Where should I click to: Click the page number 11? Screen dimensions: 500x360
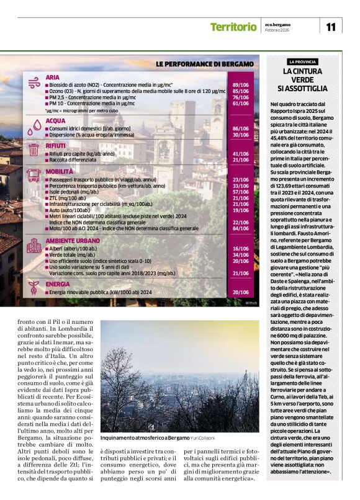[x=330, y=27]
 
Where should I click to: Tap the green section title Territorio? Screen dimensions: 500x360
[x=233, y=27]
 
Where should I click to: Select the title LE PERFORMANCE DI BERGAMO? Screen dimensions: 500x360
[x=204, y=64]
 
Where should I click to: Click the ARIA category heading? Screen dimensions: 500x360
[x=53, y=76]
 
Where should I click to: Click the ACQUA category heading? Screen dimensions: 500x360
[x=55, y=121]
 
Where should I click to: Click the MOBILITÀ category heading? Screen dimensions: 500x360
[x=59, y=171]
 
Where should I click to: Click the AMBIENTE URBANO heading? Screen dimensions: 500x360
[x=72, y=240]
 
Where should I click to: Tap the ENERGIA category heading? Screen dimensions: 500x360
[x=58, y=284]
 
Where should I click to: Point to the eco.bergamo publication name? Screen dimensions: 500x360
[x=278, y=24]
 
